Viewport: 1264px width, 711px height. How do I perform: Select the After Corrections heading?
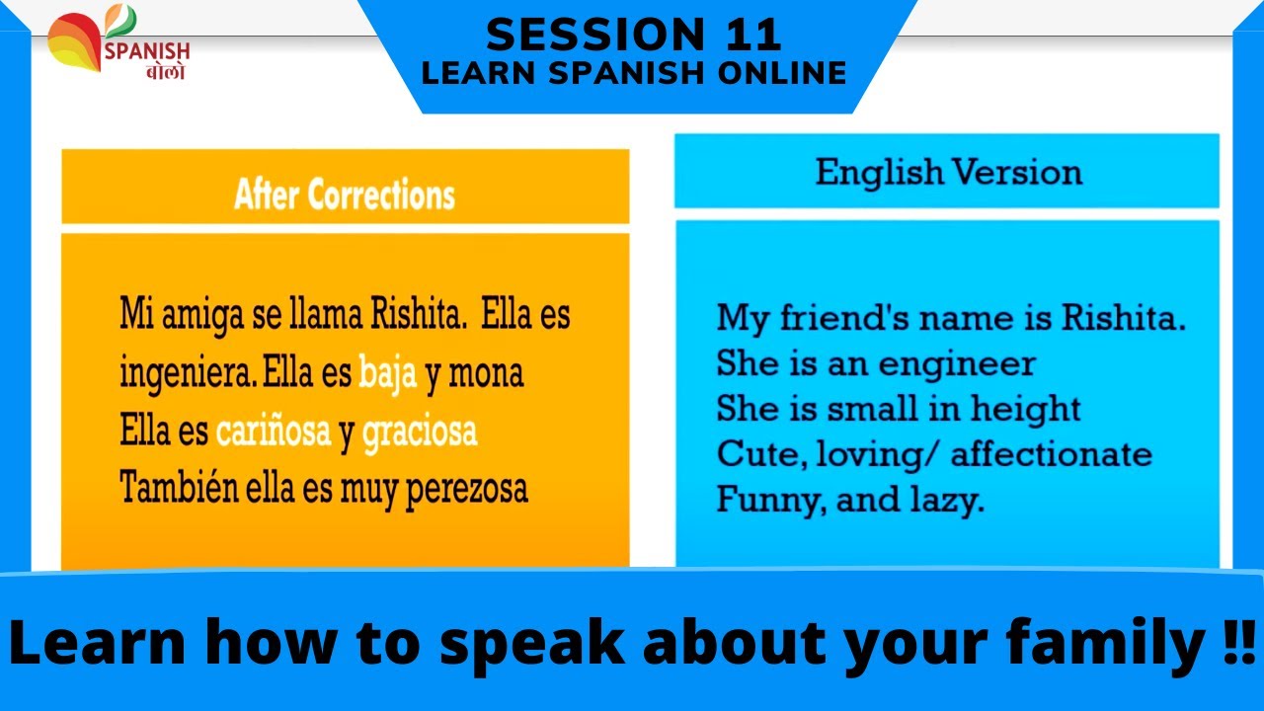click(345, 195)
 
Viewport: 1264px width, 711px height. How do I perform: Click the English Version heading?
click(948, 173)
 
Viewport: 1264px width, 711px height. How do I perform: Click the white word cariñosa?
click(274, 432)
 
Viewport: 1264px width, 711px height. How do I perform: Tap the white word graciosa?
click(420, 432)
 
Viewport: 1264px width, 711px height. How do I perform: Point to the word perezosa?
click(468, 489)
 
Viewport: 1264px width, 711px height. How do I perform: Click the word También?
click(173, 488)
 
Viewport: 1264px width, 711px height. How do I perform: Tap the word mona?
click(486, 375)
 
